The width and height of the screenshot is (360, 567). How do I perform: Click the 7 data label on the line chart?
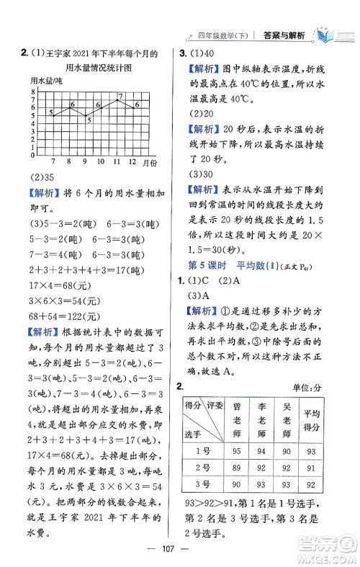coord(120,96)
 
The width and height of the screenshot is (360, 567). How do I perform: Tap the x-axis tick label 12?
coord(132,162)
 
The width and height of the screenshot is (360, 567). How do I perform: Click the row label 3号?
coord(203,484)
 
